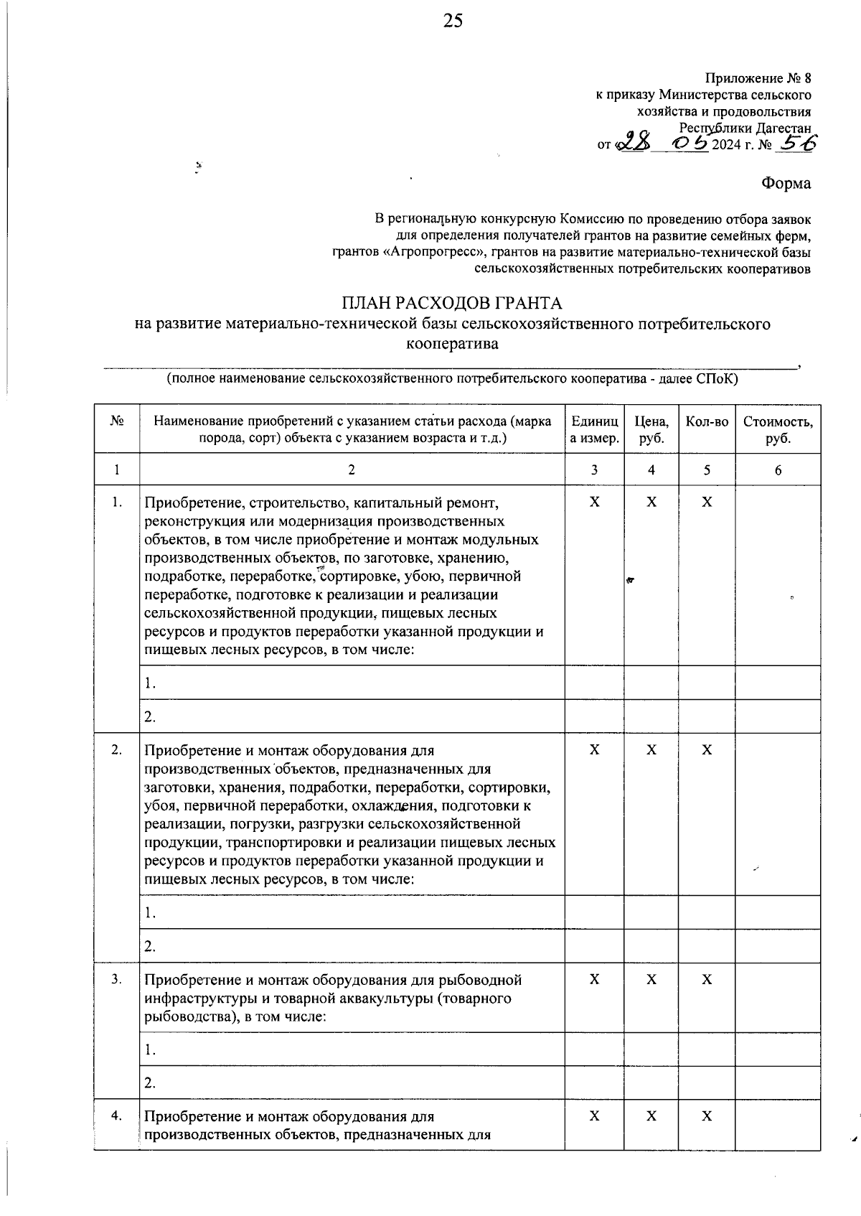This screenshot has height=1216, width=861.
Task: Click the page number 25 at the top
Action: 453,21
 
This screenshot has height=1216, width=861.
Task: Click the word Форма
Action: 786,183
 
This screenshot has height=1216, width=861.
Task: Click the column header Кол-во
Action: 707,421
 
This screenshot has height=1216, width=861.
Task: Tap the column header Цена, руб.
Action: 651,429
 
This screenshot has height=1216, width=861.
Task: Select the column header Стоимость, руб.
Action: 778,429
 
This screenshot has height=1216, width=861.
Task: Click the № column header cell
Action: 116,421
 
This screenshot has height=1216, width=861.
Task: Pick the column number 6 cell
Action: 778,470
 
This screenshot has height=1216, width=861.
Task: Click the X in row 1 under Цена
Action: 651,502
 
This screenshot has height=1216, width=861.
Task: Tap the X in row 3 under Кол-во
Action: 707,979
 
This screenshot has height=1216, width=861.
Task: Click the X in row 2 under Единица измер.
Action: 594,749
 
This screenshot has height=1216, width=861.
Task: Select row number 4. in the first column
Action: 116,1116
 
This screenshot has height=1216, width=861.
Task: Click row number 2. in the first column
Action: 116,749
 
